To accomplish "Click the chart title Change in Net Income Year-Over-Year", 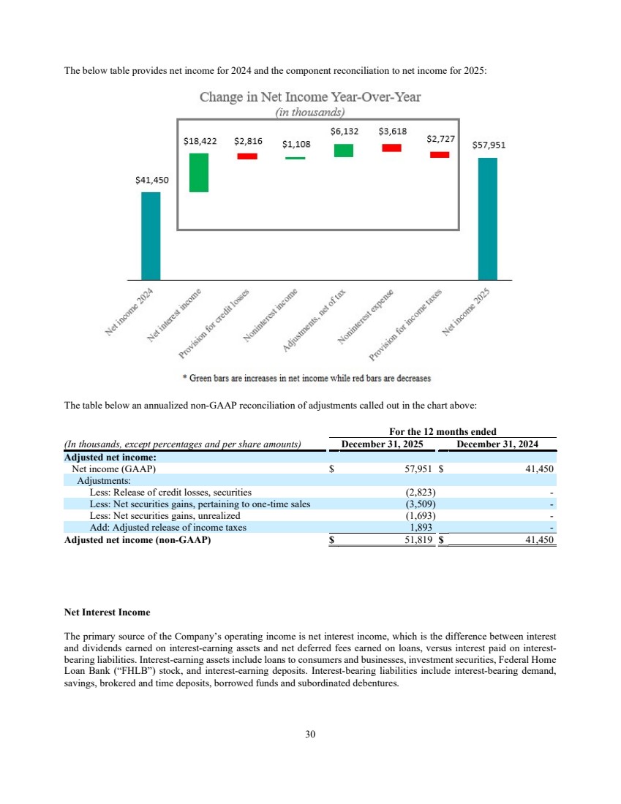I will pos(310,97).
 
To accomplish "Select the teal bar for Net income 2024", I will pos(151,235).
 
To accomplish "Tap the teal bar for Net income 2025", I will pos(488,219).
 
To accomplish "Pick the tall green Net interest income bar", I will pos(199,172).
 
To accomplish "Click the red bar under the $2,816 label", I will pos(246,156).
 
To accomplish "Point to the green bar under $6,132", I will pos(344,151).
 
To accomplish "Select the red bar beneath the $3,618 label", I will pos(392,148).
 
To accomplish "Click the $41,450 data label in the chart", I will pos(151,181).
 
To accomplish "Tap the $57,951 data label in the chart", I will pos(488,145).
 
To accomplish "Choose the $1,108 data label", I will pos(296,145).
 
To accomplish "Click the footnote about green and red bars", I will pos(306,379).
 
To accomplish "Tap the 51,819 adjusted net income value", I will pos(419,539).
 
